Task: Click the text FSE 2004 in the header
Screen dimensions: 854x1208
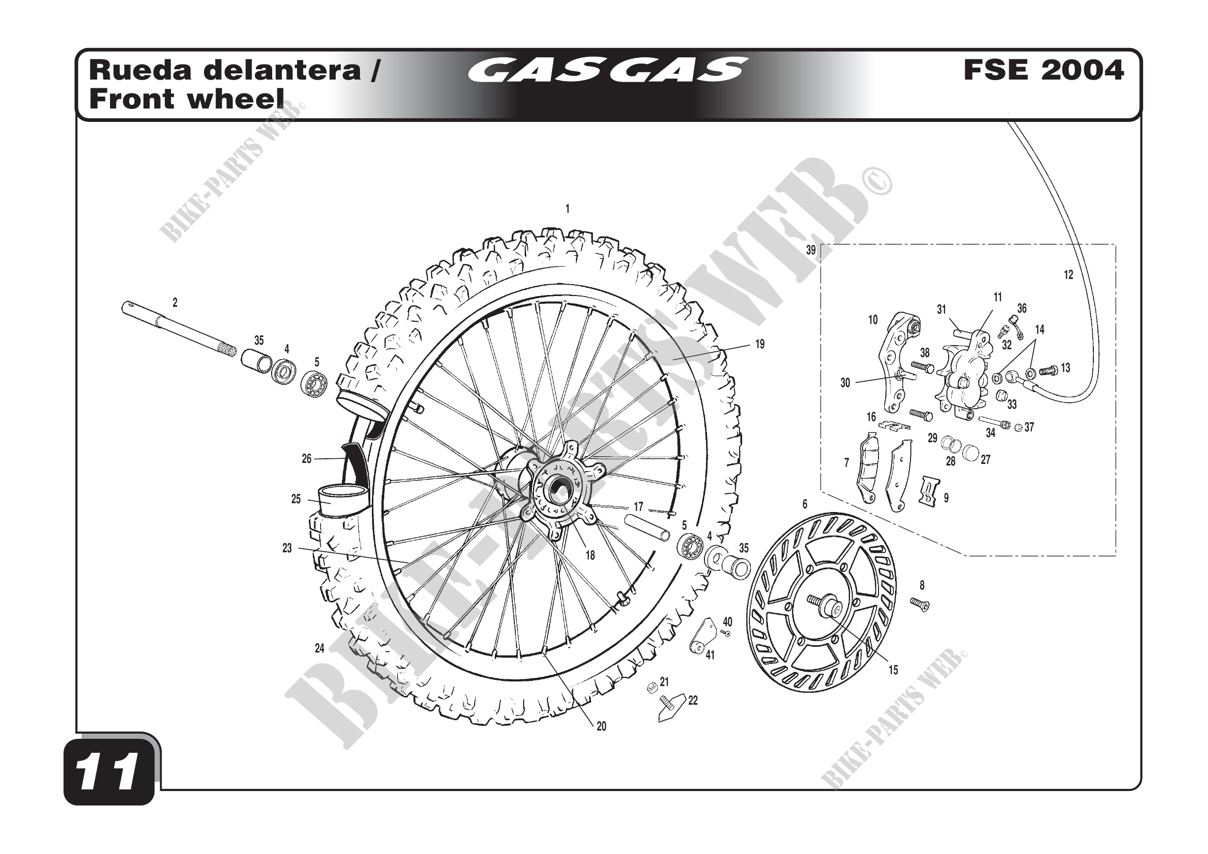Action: tap(1044, 70)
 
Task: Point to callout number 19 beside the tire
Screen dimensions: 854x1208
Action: tap(760, 345)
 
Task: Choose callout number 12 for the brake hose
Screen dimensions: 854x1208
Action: tap(1069, 275)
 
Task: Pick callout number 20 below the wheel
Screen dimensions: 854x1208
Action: tap(601, 727)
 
